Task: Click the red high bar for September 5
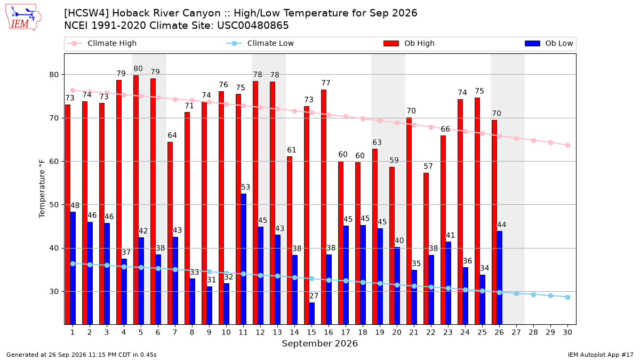[136, 199]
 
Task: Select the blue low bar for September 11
[243, 259]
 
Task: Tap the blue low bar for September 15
[311, 314]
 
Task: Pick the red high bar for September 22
[426, 249]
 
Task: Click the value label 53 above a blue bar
[245, 187]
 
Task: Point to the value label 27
[314, 295]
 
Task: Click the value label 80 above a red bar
[138, 69]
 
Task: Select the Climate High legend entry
[102, 43]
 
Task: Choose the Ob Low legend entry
[549, 43]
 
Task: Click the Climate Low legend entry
[260, 43]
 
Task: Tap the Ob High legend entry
[409, 43]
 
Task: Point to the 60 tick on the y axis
[54, 162]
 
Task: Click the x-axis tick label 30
[567, 332]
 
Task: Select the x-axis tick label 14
[294, 332]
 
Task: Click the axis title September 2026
[319, 343]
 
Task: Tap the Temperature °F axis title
[42, 189]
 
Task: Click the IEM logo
[23, 17]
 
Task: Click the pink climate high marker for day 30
[567, 146]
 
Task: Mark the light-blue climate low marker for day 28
[533, 294]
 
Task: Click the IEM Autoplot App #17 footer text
[601, 355]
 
